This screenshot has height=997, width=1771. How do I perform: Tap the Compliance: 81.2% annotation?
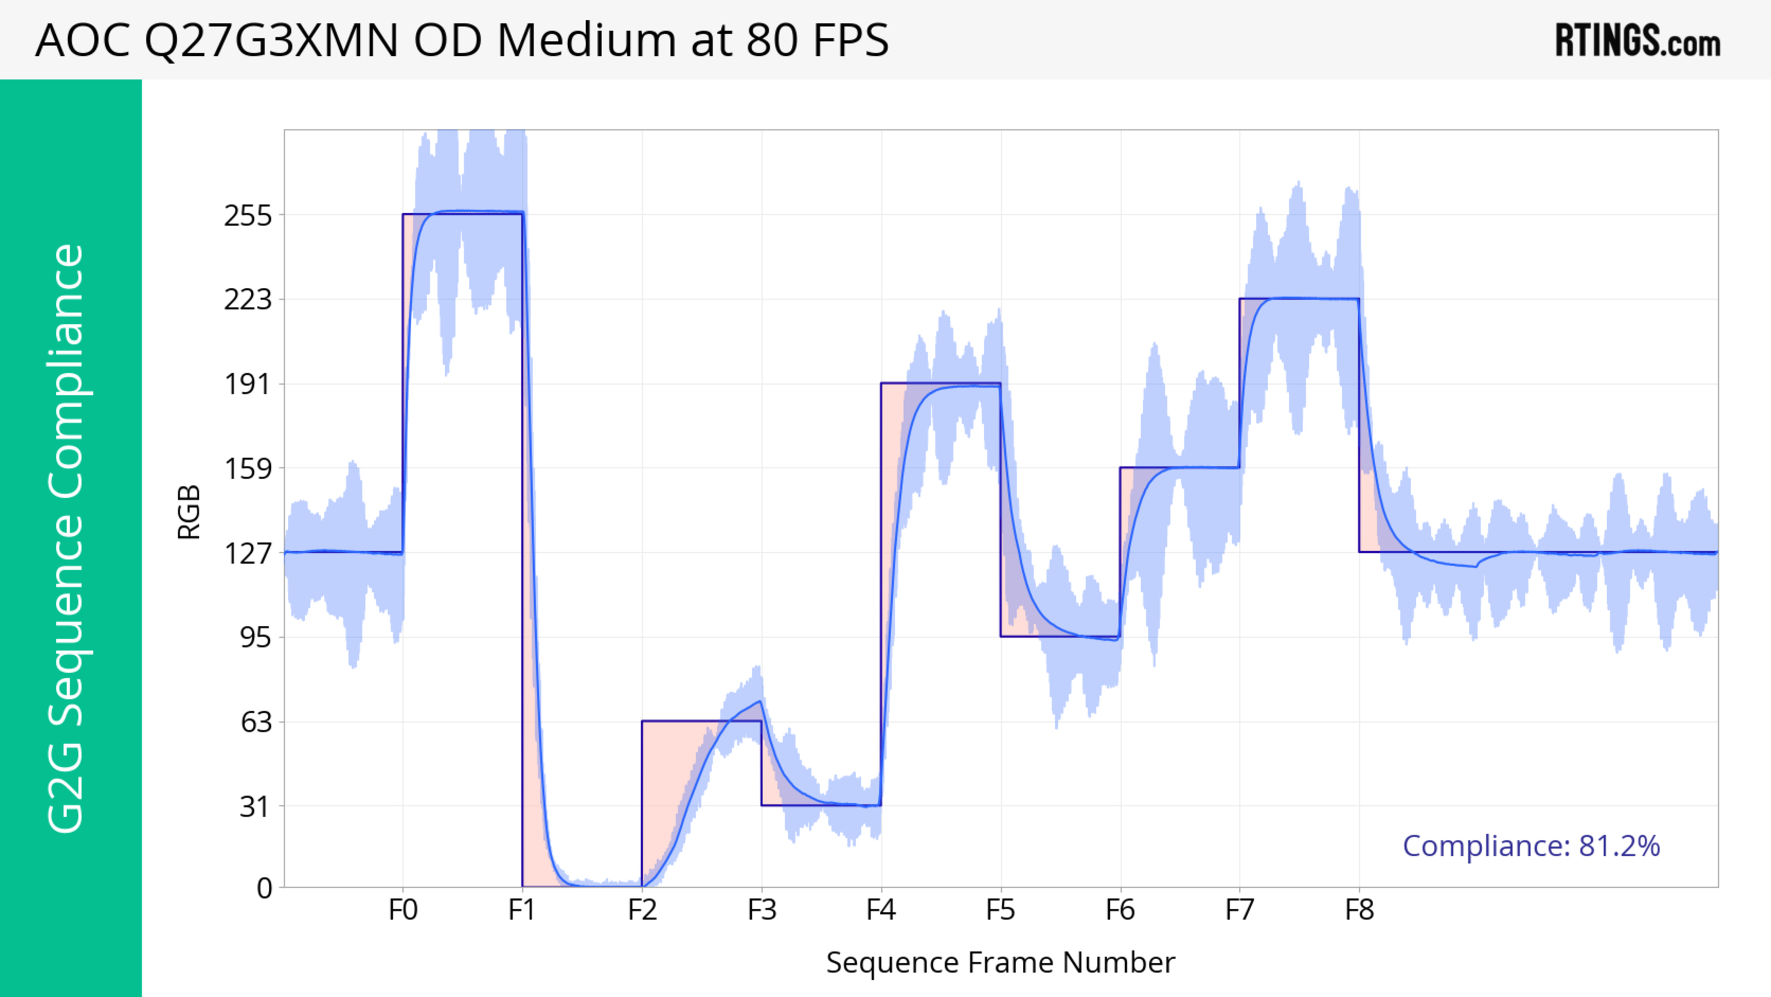[1531, 846]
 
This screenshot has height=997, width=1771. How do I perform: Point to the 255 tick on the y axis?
[248, 216]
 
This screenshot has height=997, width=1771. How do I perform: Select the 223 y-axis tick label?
[248, 300]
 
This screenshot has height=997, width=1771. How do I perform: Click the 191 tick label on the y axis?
[248, 384]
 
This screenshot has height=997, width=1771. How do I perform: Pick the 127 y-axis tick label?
[248, 553]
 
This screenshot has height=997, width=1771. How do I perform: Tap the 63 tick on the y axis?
[256, 722]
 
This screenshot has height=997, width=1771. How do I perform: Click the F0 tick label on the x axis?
[403, 910]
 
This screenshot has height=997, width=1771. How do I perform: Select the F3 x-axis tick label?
[762, 910]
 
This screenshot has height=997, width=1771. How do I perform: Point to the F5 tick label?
[1000, 910]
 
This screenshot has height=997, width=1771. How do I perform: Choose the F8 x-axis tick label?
[1359, 910]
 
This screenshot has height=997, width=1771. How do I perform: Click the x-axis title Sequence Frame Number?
[1000, 962]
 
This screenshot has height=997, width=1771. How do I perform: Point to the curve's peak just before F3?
[760, 701]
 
